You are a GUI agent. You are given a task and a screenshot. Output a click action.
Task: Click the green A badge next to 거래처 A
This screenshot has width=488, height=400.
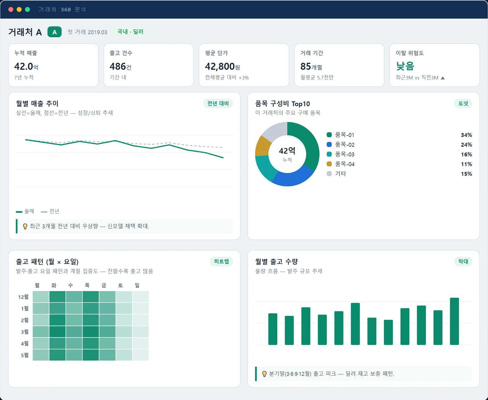click(54, 32)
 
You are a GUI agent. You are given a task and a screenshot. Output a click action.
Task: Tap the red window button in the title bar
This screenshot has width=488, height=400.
click(11, 9)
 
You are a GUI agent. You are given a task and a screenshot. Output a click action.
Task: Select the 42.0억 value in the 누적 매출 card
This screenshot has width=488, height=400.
click(26, 67)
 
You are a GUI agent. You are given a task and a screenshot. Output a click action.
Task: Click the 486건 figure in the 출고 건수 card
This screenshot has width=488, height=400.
click(120, 67)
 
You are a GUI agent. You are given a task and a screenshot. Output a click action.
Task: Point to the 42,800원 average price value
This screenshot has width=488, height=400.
click(222, 67)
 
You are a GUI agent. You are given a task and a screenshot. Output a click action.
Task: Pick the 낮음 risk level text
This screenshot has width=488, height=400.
click(405, 66)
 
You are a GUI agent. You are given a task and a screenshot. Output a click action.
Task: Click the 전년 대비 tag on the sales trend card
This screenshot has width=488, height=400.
click(218, 103)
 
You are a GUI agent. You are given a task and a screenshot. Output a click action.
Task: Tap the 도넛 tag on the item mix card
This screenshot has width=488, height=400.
click(463, 103)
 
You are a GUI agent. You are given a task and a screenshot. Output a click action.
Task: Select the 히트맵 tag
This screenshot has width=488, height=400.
click(221, 261)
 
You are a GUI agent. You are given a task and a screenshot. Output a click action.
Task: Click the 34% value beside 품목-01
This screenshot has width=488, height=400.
click(466, 135)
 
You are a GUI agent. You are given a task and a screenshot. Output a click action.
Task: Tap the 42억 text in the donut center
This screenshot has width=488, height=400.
click(287, 151)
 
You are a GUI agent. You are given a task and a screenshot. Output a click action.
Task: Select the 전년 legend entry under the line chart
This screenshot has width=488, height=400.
click(50, 211)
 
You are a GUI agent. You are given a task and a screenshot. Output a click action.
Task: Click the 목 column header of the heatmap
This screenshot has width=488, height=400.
click(87, 285)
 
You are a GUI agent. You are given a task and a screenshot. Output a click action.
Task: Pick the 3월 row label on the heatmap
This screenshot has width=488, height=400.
click(25, 332)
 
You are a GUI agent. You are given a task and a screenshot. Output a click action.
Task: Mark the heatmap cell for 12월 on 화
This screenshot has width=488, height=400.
click(57, 297)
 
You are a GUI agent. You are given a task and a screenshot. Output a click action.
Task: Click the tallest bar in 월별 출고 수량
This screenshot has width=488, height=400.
click(454, 321)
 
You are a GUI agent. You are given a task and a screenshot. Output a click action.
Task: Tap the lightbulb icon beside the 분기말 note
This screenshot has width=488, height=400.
click(264, 374)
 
